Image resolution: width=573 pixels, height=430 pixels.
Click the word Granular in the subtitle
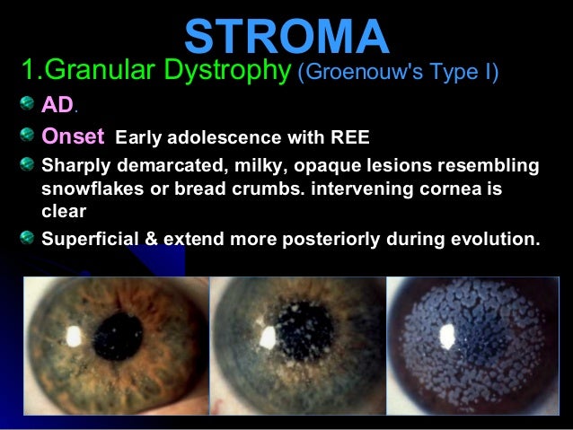(104, 70)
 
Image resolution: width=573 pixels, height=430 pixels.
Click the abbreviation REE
(349, 138)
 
